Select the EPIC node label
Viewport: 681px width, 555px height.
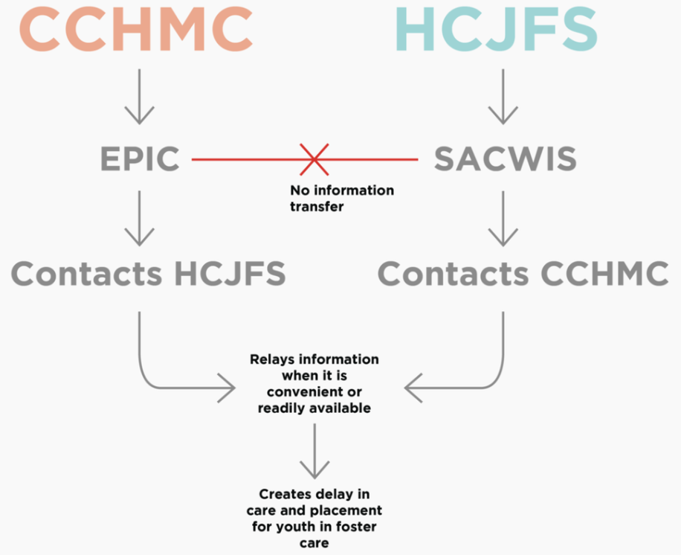[x=140, y=159]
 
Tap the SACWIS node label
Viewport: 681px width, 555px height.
[x=503, y=159]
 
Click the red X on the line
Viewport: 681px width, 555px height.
[x=314, y=159]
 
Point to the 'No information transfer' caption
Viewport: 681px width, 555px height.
[x=341, y=199]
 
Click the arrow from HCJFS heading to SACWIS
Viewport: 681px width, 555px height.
[x=503, y=97]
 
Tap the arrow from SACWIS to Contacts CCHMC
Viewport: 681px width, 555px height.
[x=503, y=219]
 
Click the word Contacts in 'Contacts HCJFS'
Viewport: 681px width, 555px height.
[x=87, y=274]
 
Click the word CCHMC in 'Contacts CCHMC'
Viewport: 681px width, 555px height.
[x=604, y=274]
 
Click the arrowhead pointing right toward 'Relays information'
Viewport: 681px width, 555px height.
[x=226, y=387]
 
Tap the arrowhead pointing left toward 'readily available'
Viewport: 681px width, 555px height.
[x=413, y=387]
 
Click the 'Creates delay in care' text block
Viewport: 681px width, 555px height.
[x=314, y=518]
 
